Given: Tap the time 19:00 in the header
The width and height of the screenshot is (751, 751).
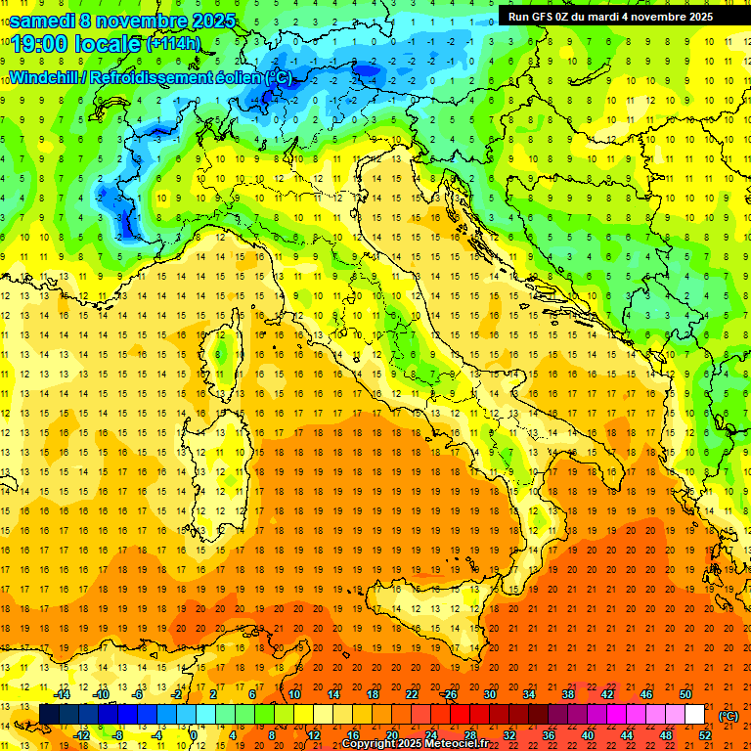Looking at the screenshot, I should (38, 44).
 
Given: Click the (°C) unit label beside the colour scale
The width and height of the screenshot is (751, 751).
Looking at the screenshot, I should (729, 716).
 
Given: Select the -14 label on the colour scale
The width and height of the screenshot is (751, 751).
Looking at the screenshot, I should (64, 694).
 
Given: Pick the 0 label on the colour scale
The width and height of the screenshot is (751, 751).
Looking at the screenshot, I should (194, 735).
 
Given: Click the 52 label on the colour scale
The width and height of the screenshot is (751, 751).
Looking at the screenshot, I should (704, 735).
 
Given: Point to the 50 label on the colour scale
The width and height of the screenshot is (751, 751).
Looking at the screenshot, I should (685, 694).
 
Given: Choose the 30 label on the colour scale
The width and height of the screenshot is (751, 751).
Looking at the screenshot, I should (490, 694).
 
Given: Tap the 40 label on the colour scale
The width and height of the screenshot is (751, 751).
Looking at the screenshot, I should (587, 735).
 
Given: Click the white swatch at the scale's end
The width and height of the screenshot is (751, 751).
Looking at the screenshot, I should (695, 715).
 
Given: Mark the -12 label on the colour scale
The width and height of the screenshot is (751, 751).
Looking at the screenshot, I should (82, 735).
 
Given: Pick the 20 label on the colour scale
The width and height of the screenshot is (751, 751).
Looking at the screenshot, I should (392, 735).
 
